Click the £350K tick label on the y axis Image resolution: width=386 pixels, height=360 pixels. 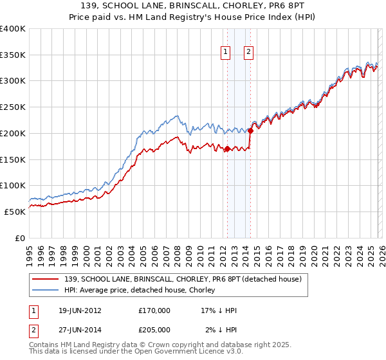13,55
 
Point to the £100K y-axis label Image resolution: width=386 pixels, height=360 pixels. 13,185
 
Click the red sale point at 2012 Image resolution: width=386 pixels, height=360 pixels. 227,149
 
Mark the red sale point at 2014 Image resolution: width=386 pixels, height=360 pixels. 250,130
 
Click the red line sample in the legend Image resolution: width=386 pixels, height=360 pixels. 46,278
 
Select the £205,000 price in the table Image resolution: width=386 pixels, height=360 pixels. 154,330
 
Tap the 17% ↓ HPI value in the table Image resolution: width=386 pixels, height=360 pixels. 219,310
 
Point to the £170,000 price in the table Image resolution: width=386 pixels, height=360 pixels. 154,310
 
